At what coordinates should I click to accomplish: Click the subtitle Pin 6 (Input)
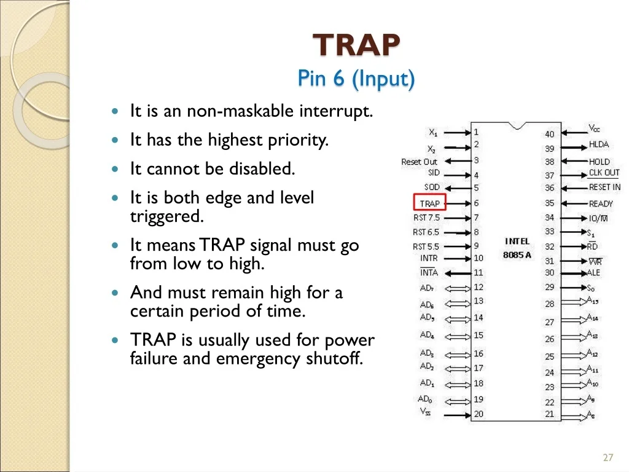pos(356,78)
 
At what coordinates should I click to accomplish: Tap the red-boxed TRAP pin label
pos(429,203)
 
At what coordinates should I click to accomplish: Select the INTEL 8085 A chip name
pos(517,248)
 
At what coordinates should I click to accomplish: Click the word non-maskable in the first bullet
pos(240,111)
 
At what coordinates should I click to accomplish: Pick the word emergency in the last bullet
pos(259,359)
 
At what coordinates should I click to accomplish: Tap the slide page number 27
pos(608,457)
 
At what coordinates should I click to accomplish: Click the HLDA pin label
pos(598,144)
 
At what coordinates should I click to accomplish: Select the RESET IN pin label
pos(604,187)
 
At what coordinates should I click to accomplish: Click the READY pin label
pos(601,204)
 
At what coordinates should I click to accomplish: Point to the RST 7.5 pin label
pos(426,218)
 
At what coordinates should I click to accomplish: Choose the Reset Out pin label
pos(419,162)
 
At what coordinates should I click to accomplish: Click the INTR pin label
pos(429,258)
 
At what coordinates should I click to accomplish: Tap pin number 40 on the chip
pos(550,134)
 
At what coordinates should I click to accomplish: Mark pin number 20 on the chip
pos(478,414)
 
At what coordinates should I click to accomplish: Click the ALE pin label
pos(593,273)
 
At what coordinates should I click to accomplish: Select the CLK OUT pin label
pos(604,173)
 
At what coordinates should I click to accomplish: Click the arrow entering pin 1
pos(457,133)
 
